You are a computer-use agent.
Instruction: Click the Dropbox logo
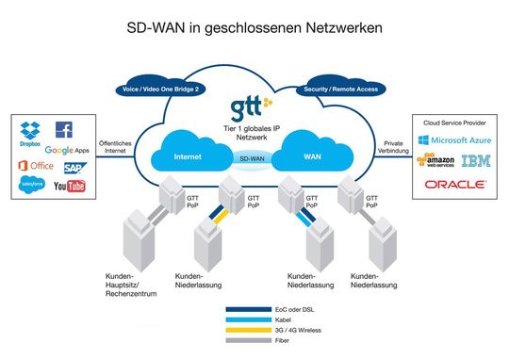(30, 135)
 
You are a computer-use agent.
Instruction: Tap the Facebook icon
(64, 130)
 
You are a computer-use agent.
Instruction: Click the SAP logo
(75, 168)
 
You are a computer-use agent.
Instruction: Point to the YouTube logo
(69, 186)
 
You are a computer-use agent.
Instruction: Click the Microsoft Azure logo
(457, 139)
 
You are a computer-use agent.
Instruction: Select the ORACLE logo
(454, 185)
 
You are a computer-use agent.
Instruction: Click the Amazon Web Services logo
(436, 161)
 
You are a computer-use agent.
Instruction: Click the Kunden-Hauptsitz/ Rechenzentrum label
(125, 284)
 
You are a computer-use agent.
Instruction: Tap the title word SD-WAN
(157, 29)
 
